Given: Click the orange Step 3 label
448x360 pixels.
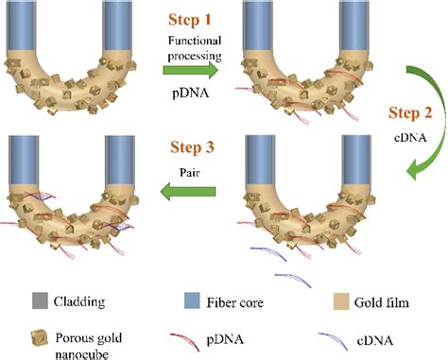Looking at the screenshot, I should [x=193, y=149].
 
